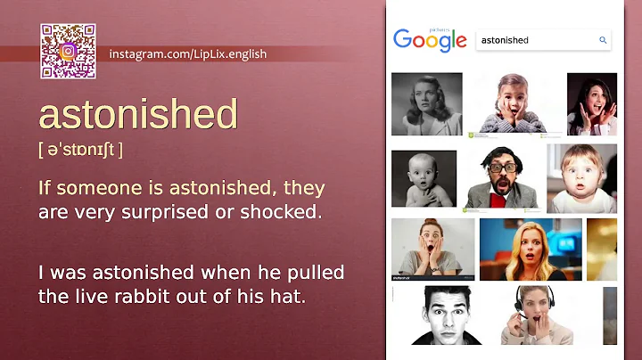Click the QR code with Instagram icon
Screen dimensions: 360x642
[x=67, y=52]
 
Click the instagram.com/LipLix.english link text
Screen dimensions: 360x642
[x=187, y=54]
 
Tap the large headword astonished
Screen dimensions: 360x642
[x=137, y=115]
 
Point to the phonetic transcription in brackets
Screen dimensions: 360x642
[x=80, y=150]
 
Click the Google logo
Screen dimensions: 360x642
[x=430, y=40]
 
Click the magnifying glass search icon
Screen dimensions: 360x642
[x=603, y=40]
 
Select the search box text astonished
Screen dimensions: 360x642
[x=505, y=40]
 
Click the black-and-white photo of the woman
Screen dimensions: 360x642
[x=426, y=103]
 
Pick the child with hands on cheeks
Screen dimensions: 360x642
[x=514, y=103]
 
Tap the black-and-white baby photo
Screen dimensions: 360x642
[x=424, y=177]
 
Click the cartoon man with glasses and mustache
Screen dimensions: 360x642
[x=501, y=177]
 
